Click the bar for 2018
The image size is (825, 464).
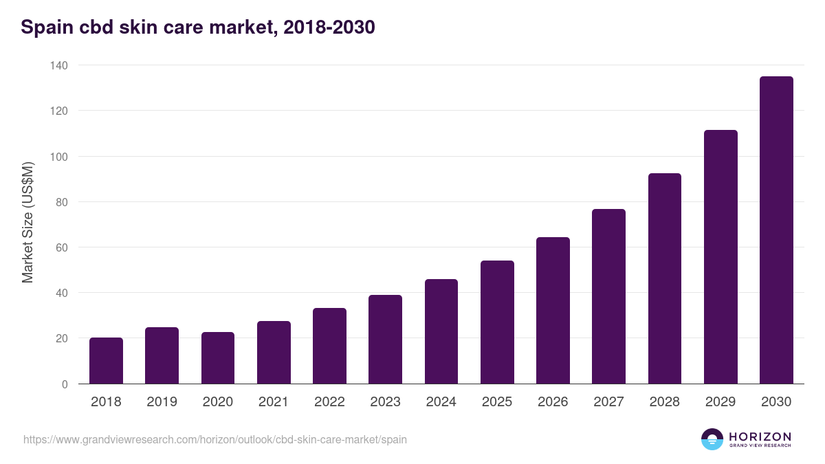click(x=106, y=361)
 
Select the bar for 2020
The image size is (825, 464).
click(x=218, y=358)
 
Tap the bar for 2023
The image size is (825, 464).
click(x=385, y=340)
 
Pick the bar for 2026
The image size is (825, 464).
click(x=553, y=311)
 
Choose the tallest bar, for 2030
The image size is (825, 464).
click(x=776, y=230)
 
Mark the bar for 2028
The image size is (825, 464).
click(x=665, y=278)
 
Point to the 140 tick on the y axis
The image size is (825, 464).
click(x=58, y=65)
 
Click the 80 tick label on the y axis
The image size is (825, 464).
click(x=61, y=202)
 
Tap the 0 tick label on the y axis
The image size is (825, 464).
click(x=65, y=384)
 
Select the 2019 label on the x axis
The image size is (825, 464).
click(x=162, y=402)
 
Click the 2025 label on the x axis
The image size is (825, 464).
click(x=497, y=402)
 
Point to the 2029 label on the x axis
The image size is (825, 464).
click(x=720, y=402)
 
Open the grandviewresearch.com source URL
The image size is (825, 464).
click(x=215, y=439)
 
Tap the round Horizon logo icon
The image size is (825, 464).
click(x=712, y=439)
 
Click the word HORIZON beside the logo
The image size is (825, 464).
click(x=760, y=437)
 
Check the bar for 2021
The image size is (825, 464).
click(x=274, y=353)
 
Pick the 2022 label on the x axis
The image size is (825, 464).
click(x=329, y=402)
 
